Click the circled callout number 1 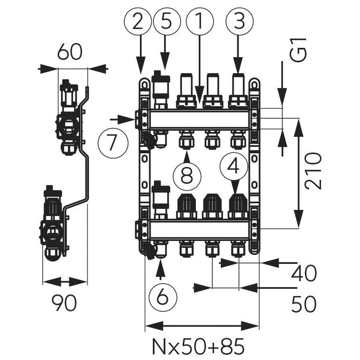click(199, 21)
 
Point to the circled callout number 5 click(165, 21)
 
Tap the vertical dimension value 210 click(313, 170)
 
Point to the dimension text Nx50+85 click(198, 346)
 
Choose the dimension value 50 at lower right click(303, 305)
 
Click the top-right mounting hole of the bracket click(254, 84)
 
